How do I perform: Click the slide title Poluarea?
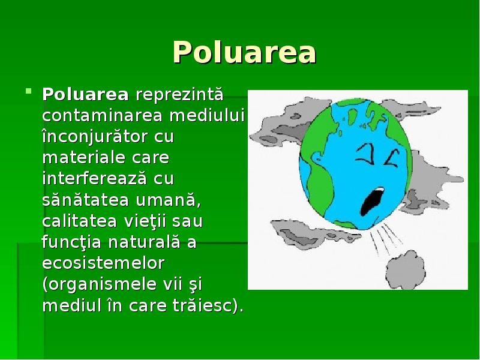[x=244, y=53]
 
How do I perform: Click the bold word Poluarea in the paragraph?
[x=85, y=95]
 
